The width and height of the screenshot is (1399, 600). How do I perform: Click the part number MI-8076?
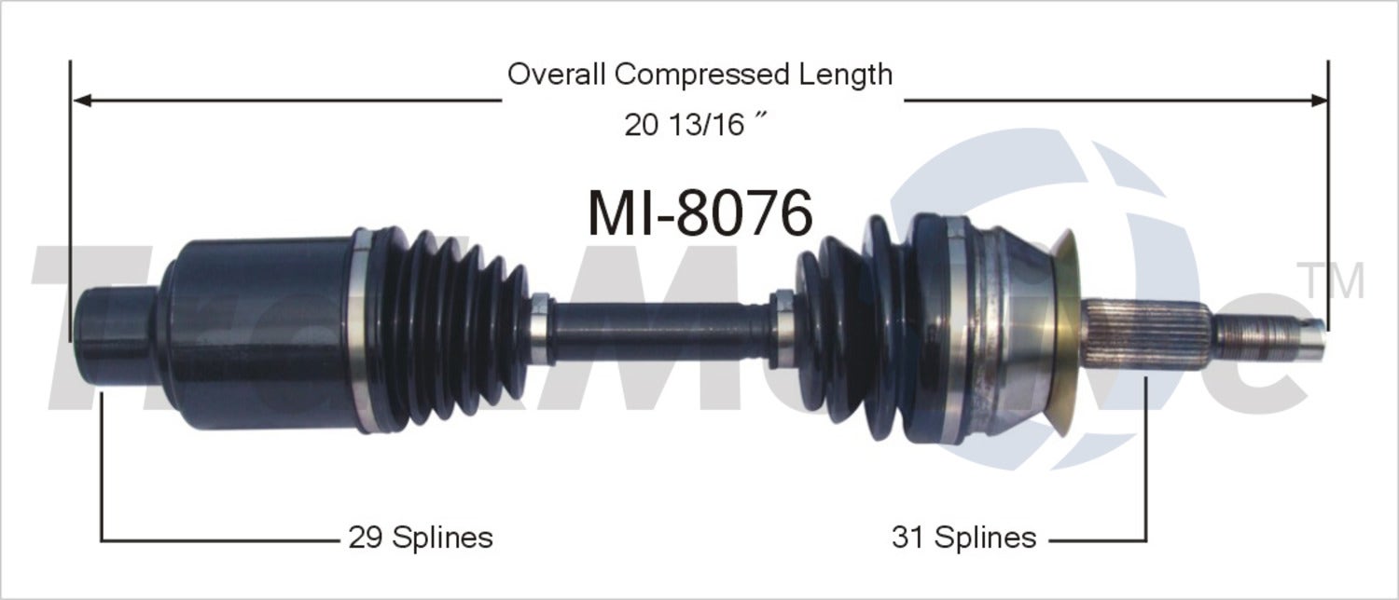[x=699, y=213]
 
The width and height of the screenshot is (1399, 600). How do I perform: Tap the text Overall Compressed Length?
[x=699, y=74]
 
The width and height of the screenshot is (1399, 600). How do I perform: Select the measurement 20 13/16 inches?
[x=691, y=124]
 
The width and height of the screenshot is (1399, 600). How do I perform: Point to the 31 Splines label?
[x=963, y=537]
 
